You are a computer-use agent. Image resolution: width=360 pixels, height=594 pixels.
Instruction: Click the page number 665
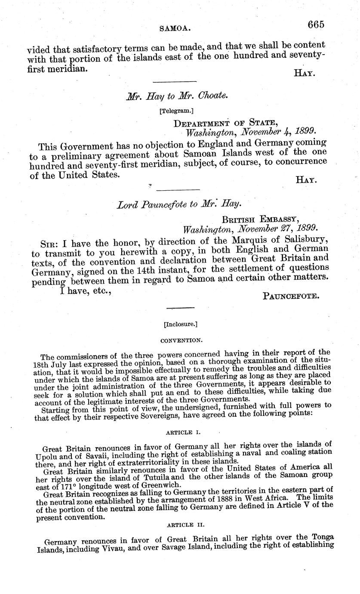tap(316, 25)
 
